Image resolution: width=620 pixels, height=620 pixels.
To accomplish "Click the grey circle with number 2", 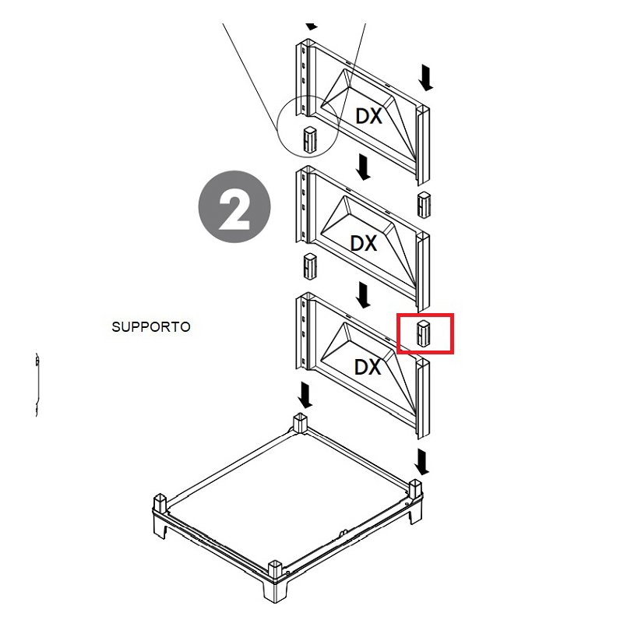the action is pyautogui.click(x=234, y=207).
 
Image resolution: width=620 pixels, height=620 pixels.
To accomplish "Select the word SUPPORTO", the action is pyautogui.click(x=151, y=326).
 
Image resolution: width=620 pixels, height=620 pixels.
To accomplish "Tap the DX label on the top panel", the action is pyautogui.click(x=369, y=116).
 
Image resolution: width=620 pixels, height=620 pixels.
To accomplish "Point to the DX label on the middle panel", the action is pyautogui.click(x=364, y=243).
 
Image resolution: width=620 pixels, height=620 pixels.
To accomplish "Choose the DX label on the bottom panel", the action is pyautogui.click(x=368, y=367).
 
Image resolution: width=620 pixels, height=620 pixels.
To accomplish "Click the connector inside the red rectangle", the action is pyautogui.click(x=424, y=333).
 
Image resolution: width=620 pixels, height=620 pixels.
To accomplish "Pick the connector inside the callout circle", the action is pyautogui.click(x=310, y=139).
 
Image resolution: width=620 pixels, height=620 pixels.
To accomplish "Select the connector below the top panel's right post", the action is pyautogui.click(x=424, y=204).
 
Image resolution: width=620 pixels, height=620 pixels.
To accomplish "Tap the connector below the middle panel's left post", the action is pyautogui.click(x=310, y=266).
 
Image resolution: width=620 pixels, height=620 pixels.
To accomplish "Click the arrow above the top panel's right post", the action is pyautogui.click(x=425, y=79).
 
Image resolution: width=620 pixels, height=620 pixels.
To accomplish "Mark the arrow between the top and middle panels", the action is pyautogui.click(x=363, y=167).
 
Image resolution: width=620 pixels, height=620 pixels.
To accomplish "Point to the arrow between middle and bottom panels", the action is pyautogui.click(x=363, y=295).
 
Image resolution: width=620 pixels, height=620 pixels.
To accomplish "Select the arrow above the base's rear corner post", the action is pyautogui.click(x=305, y=395).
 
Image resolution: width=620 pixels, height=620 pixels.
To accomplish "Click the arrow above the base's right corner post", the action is pyautogui.click(x=422, y=462).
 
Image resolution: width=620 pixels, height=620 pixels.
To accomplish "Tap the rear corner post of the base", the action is pyautogui.click(x=300, y=423).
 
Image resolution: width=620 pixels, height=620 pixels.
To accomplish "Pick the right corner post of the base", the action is pyautogui.click(x=415, y=489).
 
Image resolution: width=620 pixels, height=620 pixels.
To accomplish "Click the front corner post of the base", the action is pyautogui.click(x=275, y=571).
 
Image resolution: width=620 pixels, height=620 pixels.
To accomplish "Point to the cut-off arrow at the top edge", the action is pyautogui.click(x=312, y=26).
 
